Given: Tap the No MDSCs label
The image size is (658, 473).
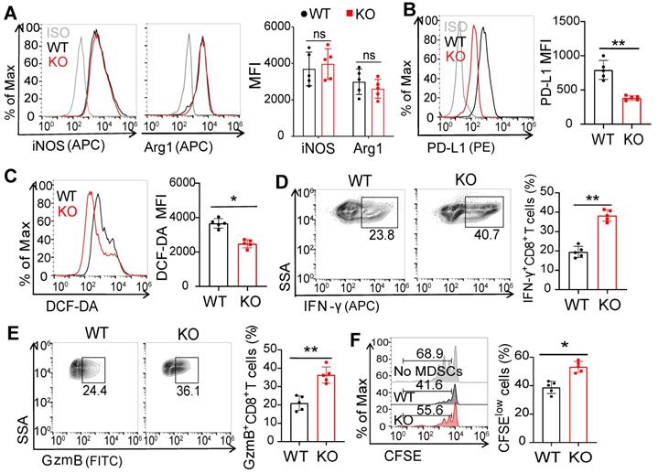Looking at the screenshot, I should click(x=400, y=366).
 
